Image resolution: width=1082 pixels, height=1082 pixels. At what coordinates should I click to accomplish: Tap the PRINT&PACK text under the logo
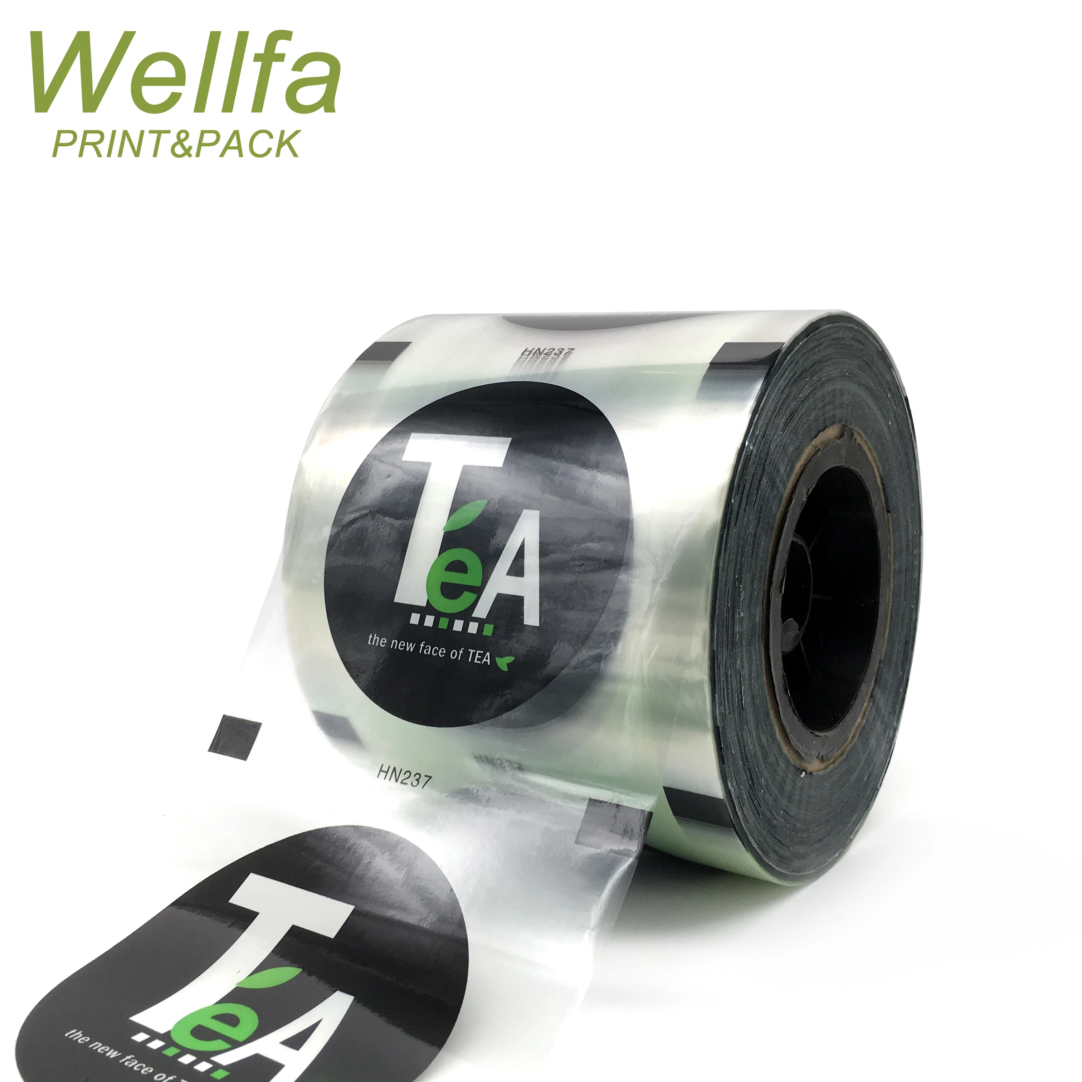coord(176,145)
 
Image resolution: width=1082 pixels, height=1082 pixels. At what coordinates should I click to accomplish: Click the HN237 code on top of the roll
coord(548,353)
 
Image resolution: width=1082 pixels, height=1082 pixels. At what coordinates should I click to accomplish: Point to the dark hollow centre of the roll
coord(834,594)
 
